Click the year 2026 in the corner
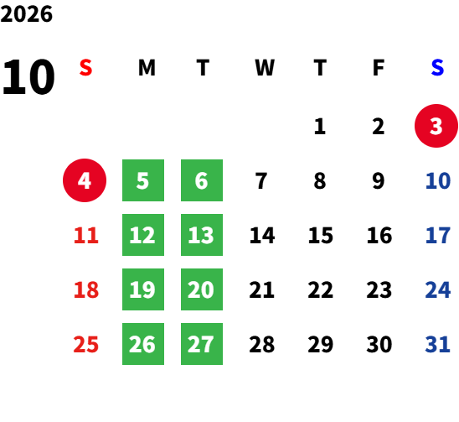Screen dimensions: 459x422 27,14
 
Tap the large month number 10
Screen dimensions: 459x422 28,76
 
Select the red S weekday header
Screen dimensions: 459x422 85,67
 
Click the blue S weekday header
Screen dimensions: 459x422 437,67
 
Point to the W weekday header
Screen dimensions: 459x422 265,67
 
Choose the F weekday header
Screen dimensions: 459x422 379,67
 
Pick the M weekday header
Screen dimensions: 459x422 147,67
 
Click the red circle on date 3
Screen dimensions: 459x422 436,126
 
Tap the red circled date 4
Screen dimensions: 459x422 85,180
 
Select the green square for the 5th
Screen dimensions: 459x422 143,180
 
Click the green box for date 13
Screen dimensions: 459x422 202,235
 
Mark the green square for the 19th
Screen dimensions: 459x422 143,289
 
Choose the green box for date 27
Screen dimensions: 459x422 202,344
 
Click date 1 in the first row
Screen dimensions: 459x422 320,127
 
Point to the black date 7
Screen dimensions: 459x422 261,180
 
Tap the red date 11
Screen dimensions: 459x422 86,235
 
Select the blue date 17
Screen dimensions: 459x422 437,235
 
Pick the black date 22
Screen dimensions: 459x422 320,289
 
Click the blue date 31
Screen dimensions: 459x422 437,344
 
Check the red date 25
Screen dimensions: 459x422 85,344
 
